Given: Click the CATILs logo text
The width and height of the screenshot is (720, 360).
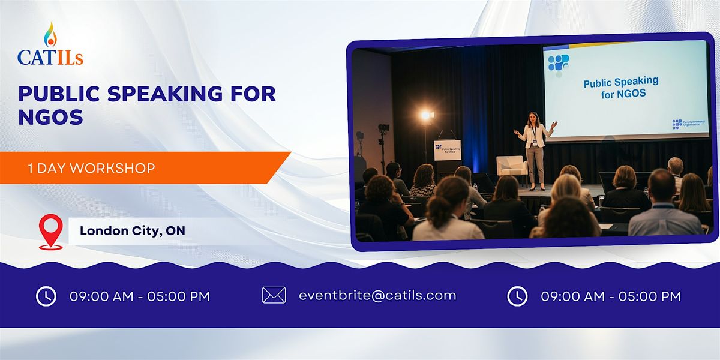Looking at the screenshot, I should pos(50,58).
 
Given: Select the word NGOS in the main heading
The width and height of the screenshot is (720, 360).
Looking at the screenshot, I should pos(50,117).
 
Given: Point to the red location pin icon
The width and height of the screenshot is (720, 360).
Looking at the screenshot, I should pos(50,231).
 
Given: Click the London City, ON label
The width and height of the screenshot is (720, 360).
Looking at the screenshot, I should pos(133,231).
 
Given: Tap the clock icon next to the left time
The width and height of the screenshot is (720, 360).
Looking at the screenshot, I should pos(46,296).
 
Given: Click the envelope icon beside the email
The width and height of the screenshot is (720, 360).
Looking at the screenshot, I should pos(274,295).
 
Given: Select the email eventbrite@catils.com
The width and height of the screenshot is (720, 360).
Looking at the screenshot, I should pos(377,295).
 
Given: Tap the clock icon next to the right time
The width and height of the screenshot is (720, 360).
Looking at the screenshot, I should pos(517,296).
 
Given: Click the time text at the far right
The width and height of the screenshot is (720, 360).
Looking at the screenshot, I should pos(611,296).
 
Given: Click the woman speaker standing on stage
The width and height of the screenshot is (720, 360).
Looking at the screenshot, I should pos(534,150).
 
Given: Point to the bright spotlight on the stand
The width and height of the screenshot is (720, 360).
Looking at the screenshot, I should pos(426,115).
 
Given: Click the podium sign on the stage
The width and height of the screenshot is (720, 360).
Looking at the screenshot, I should pos(447,150).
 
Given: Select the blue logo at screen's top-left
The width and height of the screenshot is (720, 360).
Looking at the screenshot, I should pos(559,62).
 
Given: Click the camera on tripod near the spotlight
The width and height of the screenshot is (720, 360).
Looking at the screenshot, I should pos(383,128).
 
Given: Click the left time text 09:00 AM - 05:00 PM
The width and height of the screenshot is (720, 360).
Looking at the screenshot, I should pos(140,296).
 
